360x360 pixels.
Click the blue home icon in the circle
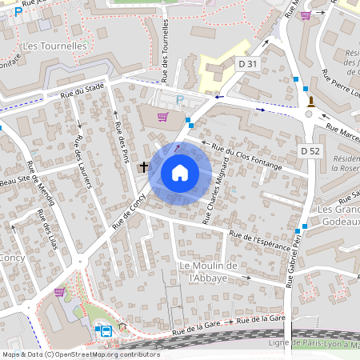pos(180,173)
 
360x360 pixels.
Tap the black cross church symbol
pos(144,166)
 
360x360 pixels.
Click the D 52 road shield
pos(310,150)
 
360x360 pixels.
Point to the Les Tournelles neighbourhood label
pos(54,46)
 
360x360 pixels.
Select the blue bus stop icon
pos(105,330)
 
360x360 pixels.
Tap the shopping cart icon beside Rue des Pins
pos(162,117)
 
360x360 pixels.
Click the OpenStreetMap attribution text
pos(80,354)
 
